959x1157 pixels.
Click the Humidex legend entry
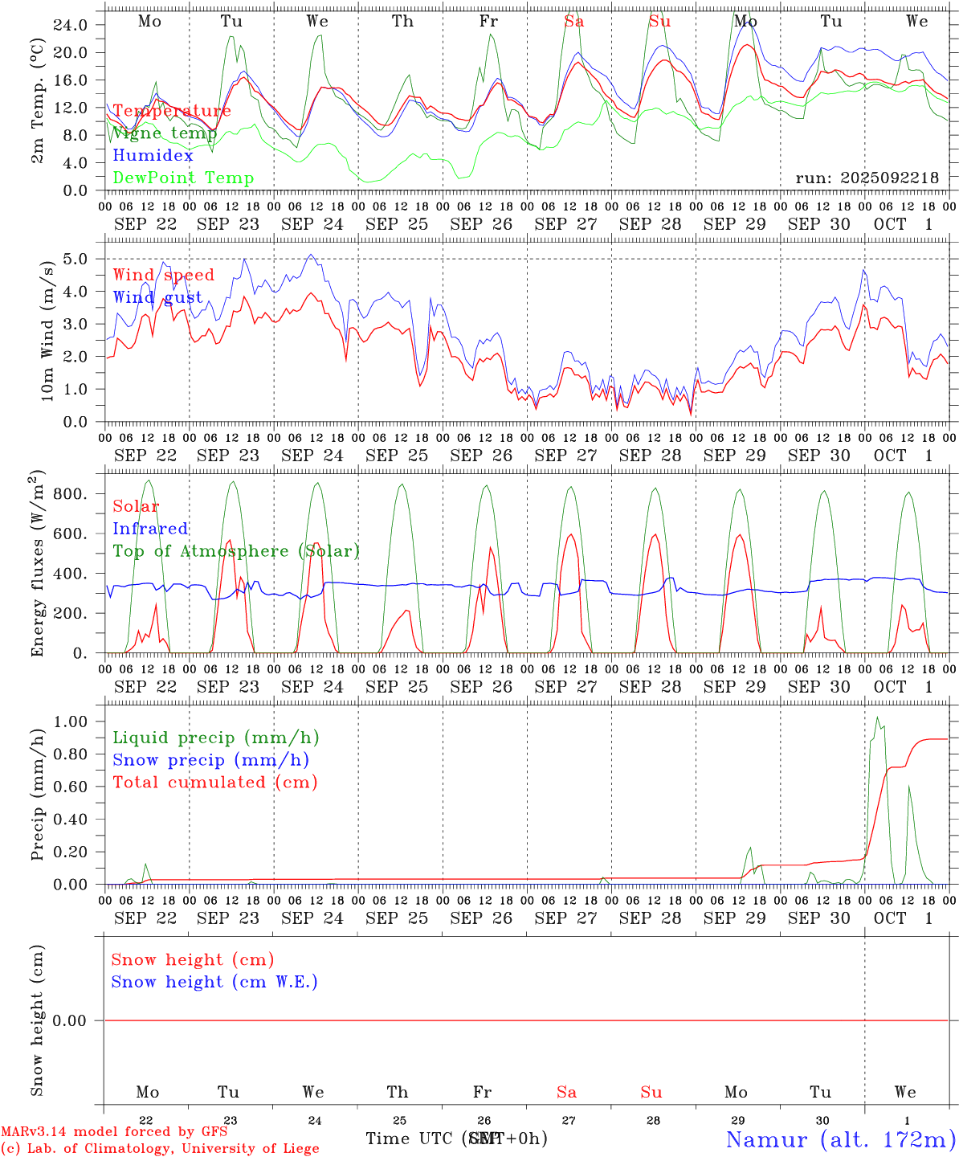click(x=153, y=156)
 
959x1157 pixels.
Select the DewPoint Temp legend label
click(x=183, y=178)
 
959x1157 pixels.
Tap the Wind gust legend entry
click(x=157, y=297)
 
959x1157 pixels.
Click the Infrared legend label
click(x=150, y=529)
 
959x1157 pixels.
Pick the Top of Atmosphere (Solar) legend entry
click(x=236, y=551)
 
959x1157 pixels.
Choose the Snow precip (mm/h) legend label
click(x=210, y=760)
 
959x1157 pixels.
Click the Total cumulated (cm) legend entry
click(x=214, y=783)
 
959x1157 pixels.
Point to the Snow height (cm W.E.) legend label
click(x=214, y=982)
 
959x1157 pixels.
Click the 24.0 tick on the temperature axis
click(x=70, y=25)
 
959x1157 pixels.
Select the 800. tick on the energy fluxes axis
click(x=70, y=493)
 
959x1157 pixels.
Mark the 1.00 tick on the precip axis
click(x=70, y=722)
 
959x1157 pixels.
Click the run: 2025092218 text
click(x=867, y=178)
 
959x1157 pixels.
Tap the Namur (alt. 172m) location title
click(x=840, y=1139)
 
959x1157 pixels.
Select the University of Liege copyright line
click(x=160, y=1149)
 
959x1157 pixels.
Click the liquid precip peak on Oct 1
click(x=877, y=717)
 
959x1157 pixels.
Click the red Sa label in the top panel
click(x=573, y=22)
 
